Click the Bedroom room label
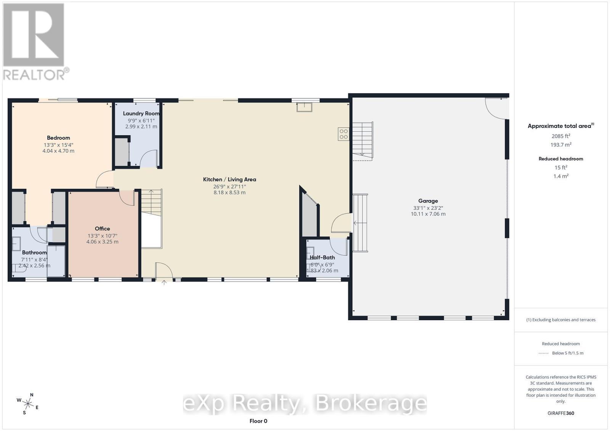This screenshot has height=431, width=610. (x=58, y=138)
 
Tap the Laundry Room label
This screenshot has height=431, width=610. (x=141, y=114)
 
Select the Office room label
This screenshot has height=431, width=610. (x=103, y=229)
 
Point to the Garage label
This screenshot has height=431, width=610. (x=428, y=201)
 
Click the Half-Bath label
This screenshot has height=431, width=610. (x=322, y=257)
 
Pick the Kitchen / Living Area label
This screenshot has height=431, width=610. (x=230, y=179)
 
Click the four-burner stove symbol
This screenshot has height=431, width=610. (x=344, y=134)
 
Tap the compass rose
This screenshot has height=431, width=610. (x=28, y=404)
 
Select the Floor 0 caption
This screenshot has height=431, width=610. (x=258, y=421)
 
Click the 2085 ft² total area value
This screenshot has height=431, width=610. (x=561, y=136)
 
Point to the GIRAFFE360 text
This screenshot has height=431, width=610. (x=561, y=413)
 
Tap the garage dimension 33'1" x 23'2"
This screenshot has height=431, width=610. (x=428, y=208)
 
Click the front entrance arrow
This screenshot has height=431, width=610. (x=164, y=282)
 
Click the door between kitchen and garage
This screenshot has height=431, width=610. (x=340, y=222)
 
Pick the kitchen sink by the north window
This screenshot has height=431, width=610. (x=304, y=107)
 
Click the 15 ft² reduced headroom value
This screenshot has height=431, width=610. (x=561, y=168)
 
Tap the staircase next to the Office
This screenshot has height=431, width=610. (x=151, y=203)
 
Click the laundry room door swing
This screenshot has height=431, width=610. (x=149, y=158)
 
